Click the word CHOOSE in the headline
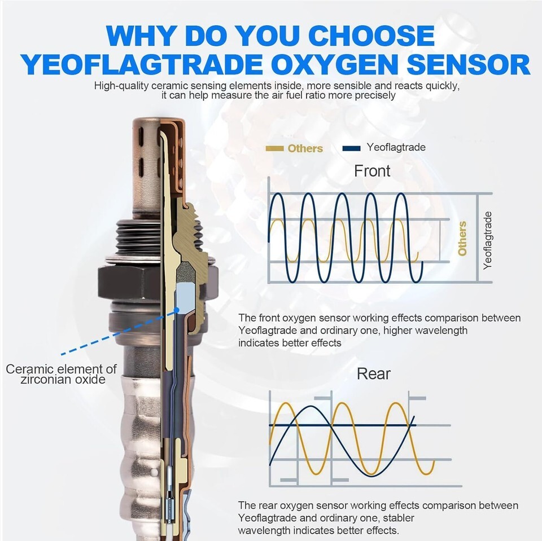(371, 36)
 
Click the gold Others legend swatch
(274, 148)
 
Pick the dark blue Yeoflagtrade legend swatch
(351, 148)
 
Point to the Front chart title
(372, 171)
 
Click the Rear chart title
(374, 374)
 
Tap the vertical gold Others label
(462, 239)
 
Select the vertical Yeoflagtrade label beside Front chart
(487, 240)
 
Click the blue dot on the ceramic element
(177, 310)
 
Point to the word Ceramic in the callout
(30, 369)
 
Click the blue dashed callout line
(119, 332)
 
